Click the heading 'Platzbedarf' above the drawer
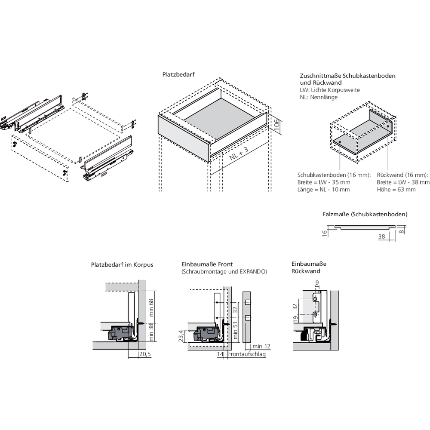[x=178, y=74]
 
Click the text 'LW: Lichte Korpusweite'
[x=330, y=90]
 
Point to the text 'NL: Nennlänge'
[x=319, y=97]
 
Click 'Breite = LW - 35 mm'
[x=324, y=182]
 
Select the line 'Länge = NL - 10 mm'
[x=323, y=190]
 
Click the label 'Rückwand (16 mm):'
[x=402, y=175]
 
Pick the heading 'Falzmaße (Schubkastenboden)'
[x=365, y=214]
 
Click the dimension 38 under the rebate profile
[x=381, y=236]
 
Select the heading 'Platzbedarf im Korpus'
[x=122, y=265]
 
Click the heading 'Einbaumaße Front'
[x=208, y=264]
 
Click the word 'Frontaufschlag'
[x=247, y=354]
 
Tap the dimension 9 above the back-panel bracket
[x=317, y=283]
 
